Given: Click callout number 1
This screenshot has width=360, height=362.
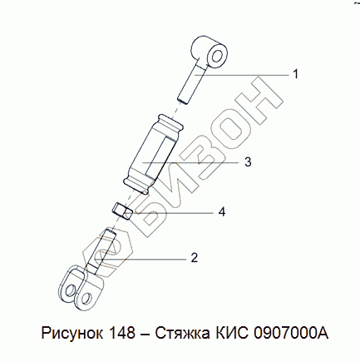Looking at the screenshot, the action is tap(296, 74).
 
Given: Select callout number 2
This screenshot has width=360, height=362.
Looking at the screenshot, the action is tap(195, 258).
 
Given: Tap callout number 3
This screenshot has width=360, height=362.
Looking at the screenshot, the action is tap(248, 161).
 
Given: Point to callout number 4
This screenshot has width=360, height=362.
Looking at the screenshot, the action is tap(222, 212).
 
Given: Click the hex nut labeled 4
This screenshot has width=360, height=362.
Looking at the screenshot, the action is tap(122, 211).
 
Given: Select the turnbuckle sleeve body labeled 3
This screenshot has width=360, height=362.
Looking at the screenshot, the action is tap(153, 153).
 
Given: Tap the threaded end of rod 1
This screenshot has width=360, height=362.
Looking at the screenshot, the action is tap(182, 101).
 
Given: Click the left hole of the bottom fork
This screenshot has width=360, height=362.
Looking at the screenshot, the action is tap(71, 290).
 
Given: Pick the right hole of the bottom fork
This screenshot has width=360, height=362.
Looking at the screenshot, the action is tap(86, 298).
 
